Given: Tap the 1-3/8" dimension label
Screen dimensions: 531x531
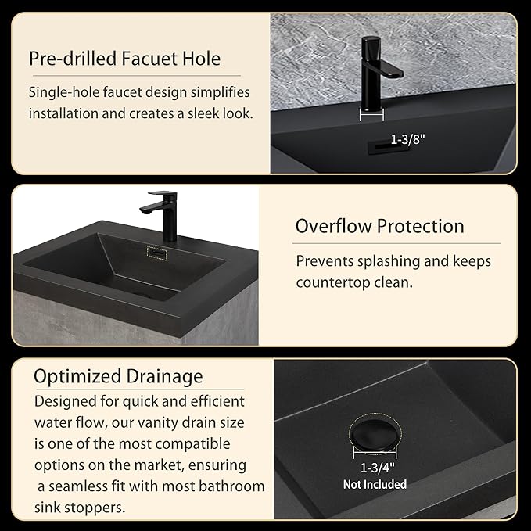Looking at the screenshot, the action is [x=407, y=139].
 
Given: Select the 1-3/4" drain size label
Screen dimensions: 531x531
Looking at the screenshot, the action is [x=378, y=468].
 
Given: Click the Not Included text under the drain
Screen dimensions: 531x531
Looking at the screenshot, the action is [x=375, y=484].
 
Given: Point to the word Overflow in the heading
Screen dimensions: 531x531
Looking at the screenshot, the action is [x=333, y=226].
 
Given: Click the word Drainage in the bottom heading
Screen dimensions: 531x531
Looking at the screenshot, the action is [x=164, y=377].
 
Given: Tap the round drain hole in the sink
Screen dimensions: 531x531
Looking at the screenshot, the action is [x=375, y=433].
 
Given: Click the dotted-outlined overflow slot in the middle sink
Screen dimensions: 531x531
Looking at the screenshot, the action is [x=156, y=253].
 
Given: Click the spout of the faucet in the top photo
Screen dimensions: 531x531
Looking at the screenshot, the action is [x=389, y=69].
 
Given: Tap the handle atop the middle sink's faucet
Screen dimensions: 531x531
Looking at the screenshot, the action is [x=162, y=193].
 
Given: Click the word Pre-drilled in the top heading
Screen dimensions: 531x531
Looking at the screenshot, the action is [x=73, y=59].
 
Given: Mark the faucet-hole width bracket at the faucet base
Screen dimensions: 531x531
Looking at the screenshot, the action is [x=371, y=115].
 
